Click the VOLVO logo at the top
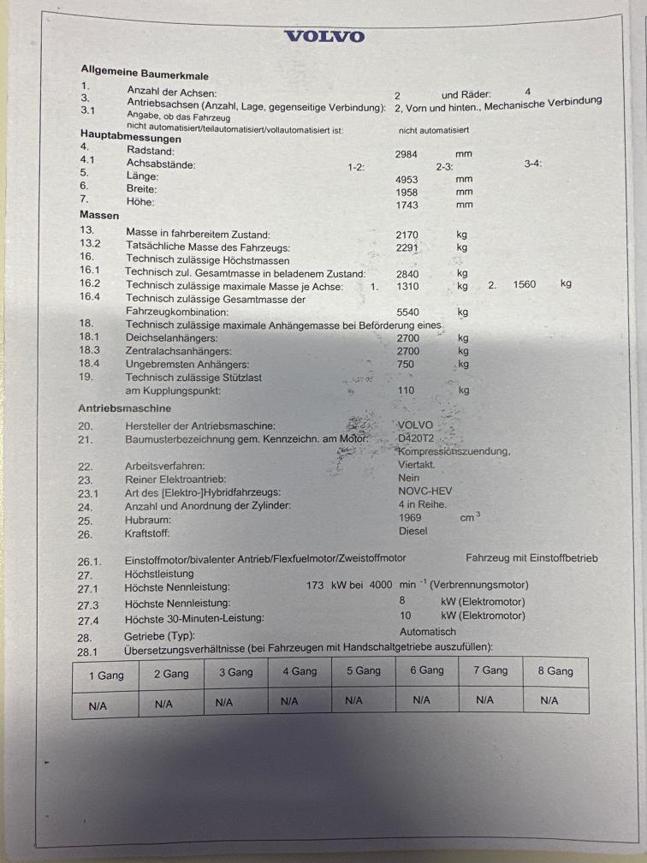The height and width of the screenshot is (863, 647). click(323, 36)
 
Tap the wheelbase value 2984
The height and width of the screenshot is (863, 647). click(411, 154)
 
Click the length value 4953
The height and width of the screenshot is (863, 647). click(412, 180)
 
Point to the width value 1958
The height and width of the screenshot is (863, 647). click(411, 193)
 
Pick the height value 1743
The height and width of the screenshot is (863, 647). click(411, 205)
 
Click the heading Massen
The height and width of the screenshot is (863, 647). click(99, 216)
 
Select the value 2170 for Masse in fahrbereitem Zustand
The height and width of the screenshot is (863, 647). click(412, 234)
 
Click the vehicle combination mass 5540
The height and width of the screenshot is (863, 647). click(413, 312)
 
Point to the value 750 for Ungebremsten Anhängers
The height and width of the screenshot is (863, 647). click(407, 364)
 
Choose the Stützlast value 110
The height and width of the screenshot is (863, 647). click(407, 390)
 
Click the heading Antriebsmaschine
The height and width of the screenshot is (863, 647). click(124, 408)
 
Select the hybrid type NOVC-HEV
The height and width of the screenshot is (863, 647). click(425, 491)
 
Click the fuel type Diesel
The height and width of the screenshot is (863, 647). click(413, 531)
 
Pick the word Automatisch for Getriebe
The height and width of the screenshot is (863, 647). click(428, 632)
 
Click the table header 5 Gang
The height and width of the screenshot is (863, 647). click(364, 671)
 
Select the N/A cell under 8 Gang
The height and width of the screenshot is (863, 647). click(549, 700)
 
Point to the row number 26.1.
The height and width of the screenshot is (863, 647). click(90, 561)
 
